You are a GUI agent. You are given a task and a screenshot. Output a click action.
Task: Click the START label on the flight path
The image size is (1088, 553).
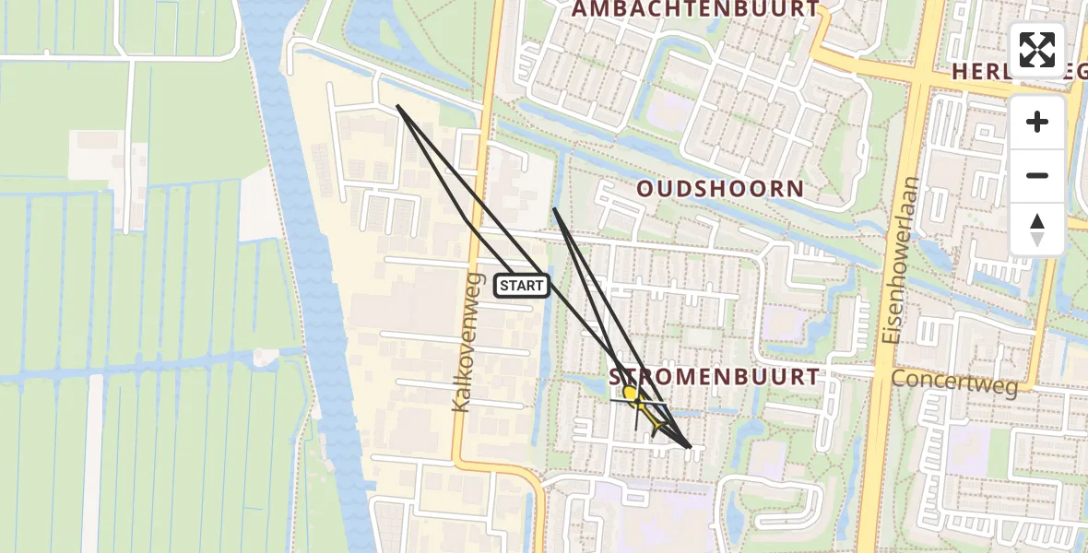click(523, 286)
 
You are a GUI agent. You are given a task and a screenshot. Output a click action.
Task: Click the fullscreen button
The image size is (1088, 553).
click(1037, 50)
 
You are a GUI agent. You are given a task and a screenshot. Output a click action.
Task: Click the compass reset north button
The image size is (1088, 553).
click(1037, 229)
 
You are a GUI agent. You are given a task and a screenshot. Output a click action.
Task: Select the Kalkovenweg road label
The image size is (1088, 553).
click(467, 342)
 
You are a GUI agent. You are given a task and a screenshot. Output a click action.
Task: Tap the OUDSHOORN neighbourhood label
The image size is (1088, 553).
click(720, 190)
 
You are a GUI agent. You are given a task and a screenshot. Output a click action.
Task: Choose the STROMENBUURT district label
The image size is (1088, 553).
click(714, 377)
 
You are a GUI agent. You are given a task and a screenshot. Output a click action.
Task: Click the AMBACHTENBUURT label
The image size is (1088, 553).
click(695, 9)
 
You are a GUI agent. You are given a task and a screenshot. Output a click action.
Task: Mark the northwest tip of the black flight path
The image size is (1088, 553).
click(397, 106)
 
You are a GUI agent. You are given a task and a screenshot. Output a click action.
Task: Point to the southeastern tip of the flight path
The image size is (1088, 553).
click(691, 448)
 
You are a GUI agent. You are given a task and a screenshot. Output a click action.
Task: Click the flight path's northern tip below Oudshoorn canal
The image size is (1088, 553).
click(554, 209)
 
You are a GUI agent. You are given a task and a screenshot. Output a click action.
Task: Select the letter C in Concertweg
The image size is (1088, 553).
click(899, 382)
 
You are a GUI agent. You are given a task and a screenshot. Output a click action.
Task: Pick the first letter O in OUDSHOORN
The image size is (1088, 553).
click(645, 190)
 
